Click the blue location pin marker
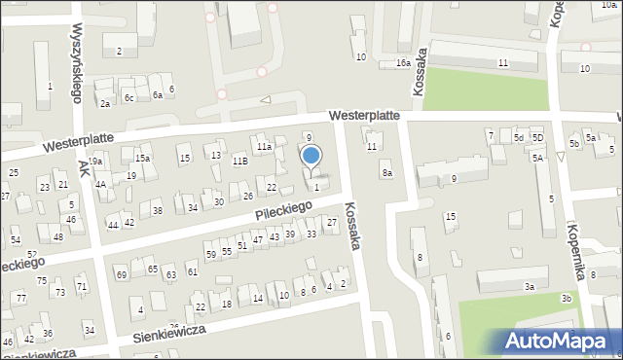(311, 157)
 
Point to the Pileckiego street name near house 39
(284, 208)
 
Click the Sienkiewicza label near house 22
(166, 334)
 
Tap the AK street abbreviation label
(85, 169)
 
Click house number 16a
(402, 63)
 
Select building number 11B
(239, 161)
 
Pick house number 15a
(143, 158)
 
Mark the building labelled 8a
(386, 173)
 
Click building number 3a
(530, 286)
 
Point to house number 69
(122, 275)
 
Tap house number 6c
(128, 97)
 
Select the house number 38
(157, 210)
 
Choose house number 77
(20, 298)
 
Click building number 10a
(608, 6)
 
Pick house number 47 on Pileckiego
(257, 239)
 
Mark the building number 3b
(566, 298)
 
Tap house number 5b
(574, 144)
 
